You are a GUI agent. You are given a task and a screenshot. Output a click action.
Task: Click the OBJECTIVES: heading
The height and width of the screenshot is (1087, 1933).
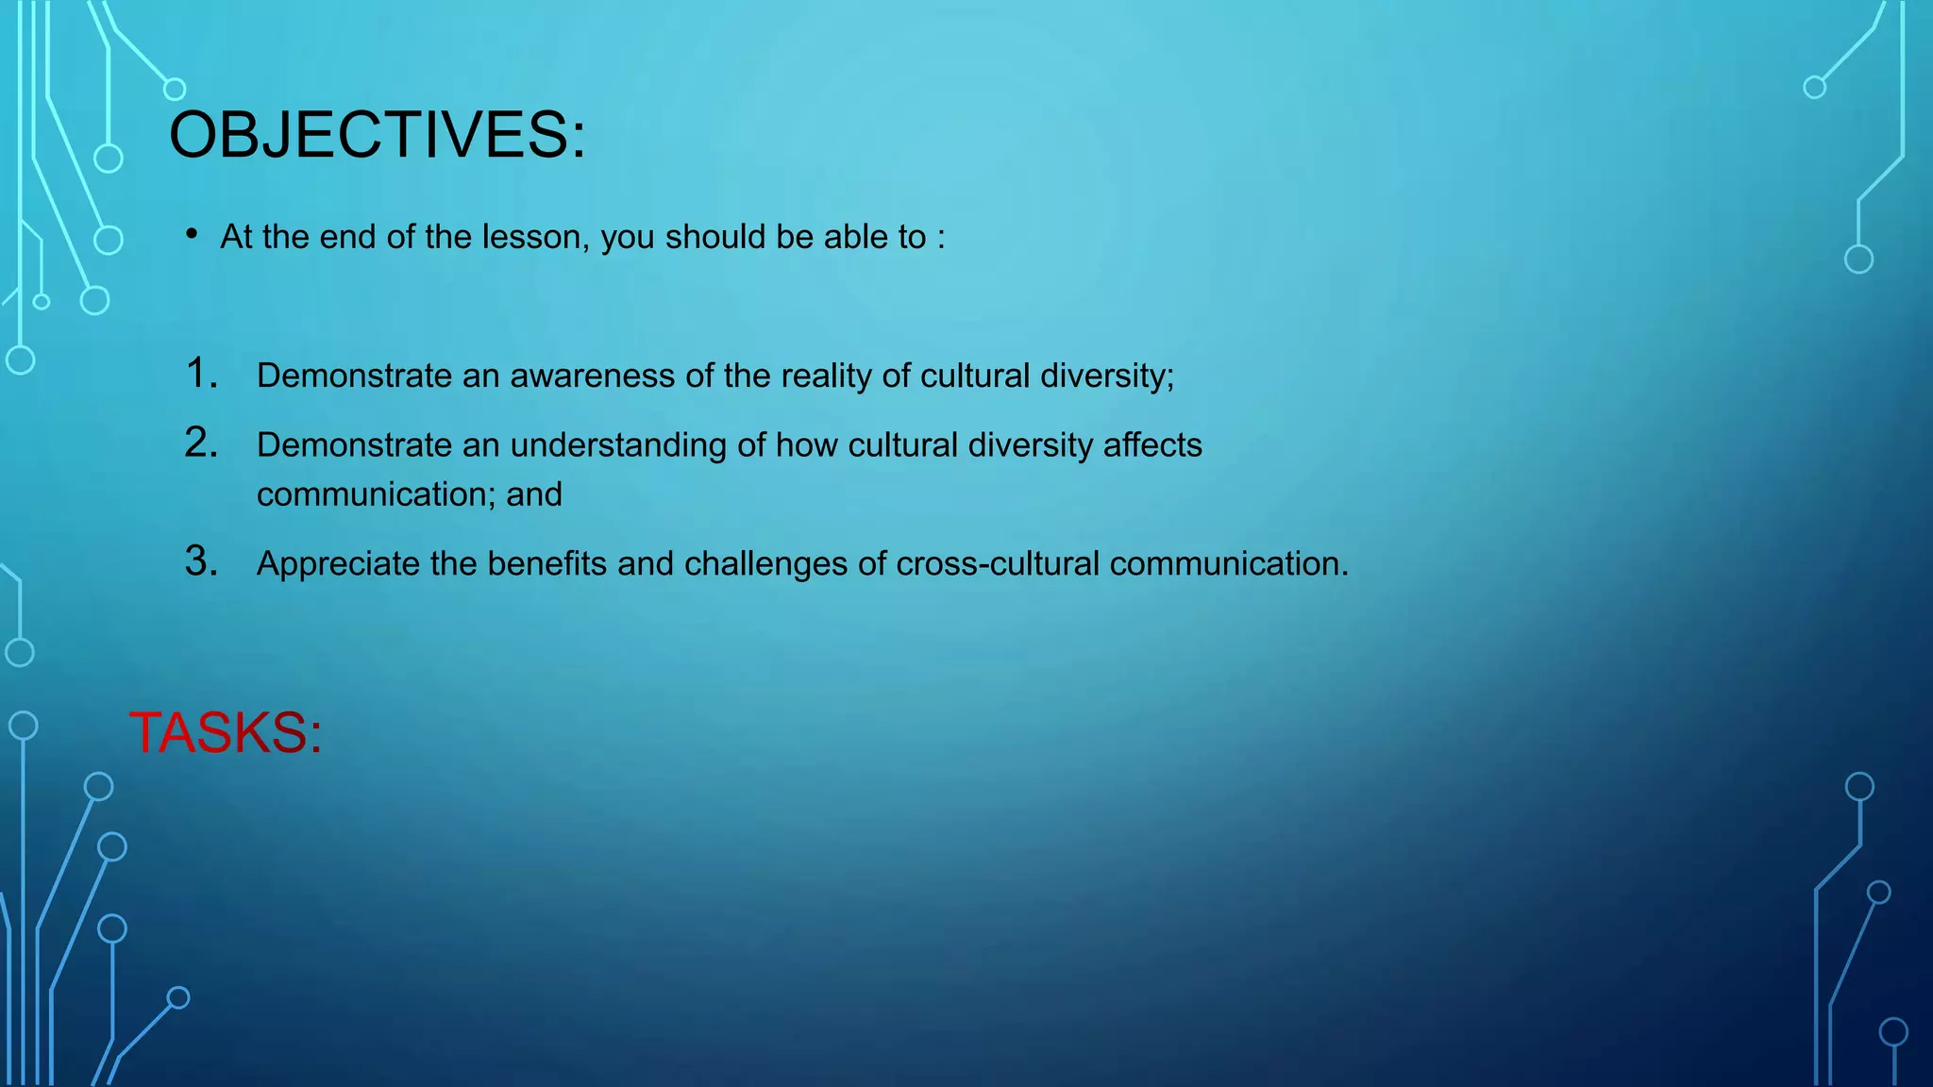pyautogui.click(x=377, y=135)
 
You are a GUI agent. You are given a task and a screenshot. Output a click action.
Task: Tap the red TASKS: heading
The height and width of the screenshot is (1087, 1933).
pyautogui.click(x=226, y=732)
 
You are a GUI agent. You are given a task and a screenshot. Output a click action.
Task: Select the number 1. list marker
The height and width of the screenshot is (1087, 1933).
pyautogui.click(x=201, y=374)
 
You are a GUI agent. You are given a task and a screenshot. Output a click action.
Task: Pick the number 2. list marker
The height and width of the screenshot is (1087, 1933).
pyautogui.click(x=201, y=443)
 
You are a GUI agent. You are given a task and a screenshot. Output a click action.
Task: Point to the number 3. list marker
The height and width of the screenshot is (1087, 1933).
pyautogui.click(x=201, y=561)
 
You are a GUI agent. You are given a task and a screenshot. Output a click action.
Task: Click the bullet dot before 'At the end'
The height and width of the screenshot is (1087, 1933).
pyautogui.click(x=192, y=234)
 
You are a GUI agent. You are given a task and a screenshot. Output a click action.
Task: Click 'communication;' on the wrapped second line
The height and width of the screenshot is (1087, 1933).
pyautogui.click(x=376, y=494)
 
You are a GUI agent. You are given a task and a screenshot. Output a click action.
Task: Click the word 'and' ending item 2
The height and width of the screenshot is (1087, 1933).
pyautogui.click(x=534, y=494)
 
